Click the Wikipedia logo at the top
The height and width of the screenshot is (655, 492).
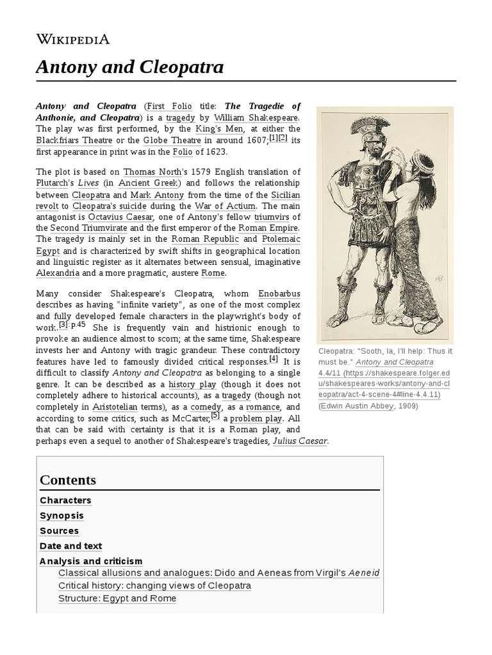[x=72, y=40]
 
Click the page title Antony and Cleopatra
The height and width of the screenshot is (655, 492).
[x=129, y=67]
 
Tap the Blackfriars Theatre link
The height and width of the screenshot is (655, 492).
[x=74, y=140]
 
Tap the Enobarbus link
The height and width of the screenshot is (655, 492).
[x=279, y=293]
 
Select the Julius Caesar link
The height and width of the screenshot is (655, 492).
[x=300, y=441]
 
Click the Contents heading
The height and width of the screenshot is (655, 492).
[x=68, y=480]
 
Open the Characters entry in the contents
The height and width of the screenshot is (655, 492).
[x=65, y=500]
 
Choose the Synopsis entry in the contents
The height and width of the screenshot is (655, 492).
[x=61, y=516]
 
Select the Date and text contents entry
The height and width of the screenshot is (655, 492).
[x=70, y=546]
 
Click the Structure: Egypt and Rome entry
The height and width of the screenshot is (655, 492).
[x=117, y=598]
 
